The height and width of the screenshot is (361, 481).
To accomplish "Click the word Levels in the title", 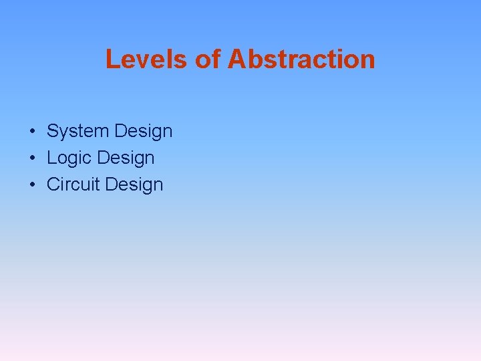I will (x=147, y=59).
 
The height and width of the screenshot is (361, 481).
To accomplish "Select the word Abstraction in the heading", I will (x=301, y=59).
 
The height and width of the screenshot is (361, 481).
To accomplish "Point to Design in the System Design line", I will (x=144, y=132).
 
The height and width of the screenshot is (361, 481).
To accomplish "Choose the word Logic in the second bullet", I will (x=69, y=158).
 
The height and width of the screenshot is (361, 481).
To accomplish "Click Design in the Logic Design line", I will (x=126, y=158).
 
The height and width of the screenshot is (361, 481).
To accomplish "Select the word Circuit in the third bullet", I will (x=73, y=185).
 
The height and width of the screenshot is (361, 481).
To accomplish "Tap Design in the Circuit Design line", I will (x=134, y=185).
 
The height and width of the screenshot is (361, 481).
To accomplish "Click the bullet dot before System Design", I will (x=32, y=132).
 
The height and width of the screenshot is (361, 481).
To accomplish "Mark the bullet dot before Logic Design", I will (x=32, y=158).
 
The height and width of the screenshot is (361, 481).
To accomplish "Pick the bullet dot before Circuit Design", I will (x=32, y=185).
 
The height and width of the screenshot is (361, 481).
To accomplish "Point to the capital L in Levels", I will (x=112, y=59).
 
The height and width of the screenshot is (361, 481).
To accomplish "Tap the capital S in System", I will (x=52, y=131).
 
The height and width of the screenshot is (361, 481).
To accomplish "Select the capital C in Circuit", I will (x=53, y=185).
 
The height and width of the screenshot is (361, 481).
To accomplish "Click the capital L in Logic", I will (x=51, y=158).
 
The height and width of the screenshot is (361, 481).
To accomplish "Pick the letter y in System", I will (x=64, y=133).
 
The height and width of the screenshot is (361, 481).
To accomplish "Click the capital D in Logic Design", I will (x=103, y=158).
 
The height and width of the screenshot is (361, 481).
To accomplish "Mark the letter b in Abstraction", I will (x=254, y=59).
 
